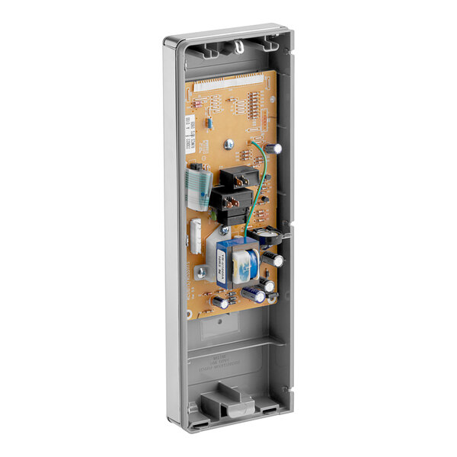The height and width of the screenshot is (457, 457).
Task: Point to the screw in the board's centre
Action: coord(227,143)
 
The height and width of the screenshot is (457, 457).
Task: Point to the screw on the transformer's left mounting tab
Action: coord(201,271)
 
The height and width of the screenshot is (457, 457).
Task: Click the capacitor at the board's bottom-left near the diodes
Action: coord(219,302)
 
